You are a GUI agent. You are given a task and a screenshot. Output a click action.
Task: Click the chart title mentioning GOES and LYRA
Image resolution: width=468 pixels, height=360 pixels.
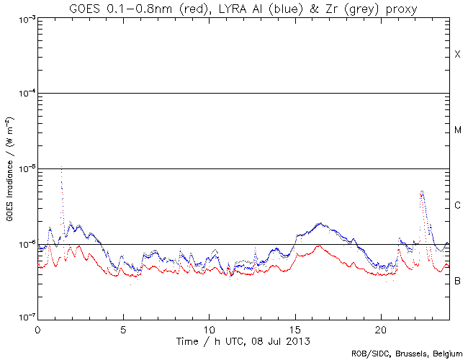(x=243, y=9)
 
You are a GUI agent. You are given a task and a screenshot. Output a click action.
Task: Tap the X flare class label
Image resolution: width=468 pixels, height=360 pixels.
(x=457, y=55)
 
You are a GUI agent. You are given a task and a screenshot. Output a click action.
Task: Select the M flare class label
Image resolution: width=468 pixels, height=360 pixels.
(x=457, y=130)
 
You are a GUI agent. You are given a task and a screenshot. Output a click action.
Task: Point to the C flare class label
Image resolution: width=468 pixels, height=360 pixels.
(x=457, y=206)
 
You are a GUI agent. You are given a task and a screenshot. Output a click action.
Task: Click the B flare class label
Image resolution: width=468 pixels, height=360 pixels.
(x=457, y=280)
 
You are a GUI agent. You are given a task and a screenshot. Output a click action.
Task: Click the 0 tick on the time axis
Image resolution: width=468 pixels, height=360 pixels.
(x=37, y=328)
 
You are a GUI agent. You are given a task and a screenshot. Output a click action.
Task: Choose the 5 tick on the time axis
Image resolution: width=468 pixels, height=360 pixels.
(x=123, y=328)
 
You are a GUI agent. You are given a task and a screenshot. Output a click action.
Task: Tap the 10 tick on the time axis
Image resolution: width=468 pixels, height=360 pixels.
(x=209, y=328)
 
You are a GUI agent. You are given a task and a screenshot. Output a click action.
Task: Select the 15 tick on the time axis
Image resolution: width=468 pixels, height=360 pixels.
(x=295, y=328)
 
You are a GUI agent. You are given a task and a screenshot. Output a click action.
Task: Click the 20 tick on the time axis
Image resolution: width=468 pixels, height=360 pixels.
(x=381, y=328)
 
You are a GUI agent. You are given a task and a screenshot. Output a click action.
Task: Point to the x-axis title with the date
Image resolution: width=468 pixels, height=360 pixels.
(x=243, y=339)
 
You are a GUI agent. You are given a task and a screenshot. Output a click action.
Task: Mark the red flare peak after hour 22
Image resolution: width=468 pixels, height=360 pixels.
(x=422, y=192)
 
